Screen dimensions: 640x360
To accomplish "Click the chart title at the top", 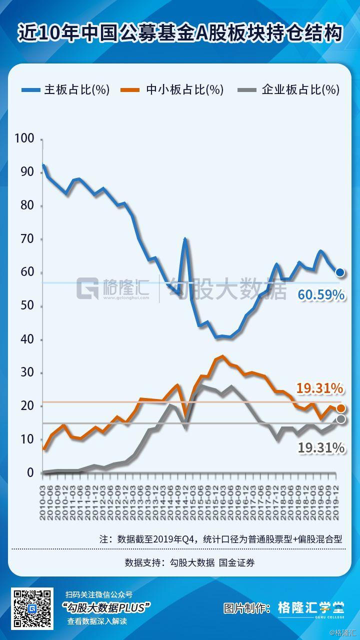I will pyautogui.click(x=180, y=33).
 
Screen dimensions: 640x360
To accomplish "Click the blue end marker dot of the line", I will pyautogui.click(x=340, y=272).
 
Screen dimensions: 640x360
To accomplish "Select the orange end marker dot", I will pyautogui.click(x=341, y=408).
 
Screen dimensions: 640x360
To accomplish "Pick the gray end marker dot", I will pyautogui.click(x=341, y=419).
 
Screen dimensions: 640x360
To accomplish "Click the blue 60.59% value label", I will pyautogui.click(x=321, y=295).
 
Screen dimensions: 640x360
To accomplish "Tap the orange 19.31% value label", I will pyautogui.click(x=319, y=388).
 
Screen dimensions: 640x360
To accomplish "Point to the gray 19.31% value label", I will pyautogui.click(x=321, y=448).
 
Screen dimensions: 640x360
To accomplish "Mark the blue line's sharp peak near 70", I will pyautogui.click(x=185, y=239).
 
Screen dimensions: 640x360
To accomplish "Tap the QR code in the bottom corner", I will pyautogui.click(x=32, y=608).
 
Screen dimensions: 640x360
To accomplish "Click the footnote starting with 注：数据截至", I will pyautogui.click(x=220, y=539).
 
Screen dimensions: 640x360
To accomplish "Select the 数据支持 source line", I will pyautogui.click(x=189, y=562).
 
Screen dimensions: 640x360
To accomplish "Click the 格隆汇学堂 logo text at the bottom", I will pyautogui.click(x=311, y=607).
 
